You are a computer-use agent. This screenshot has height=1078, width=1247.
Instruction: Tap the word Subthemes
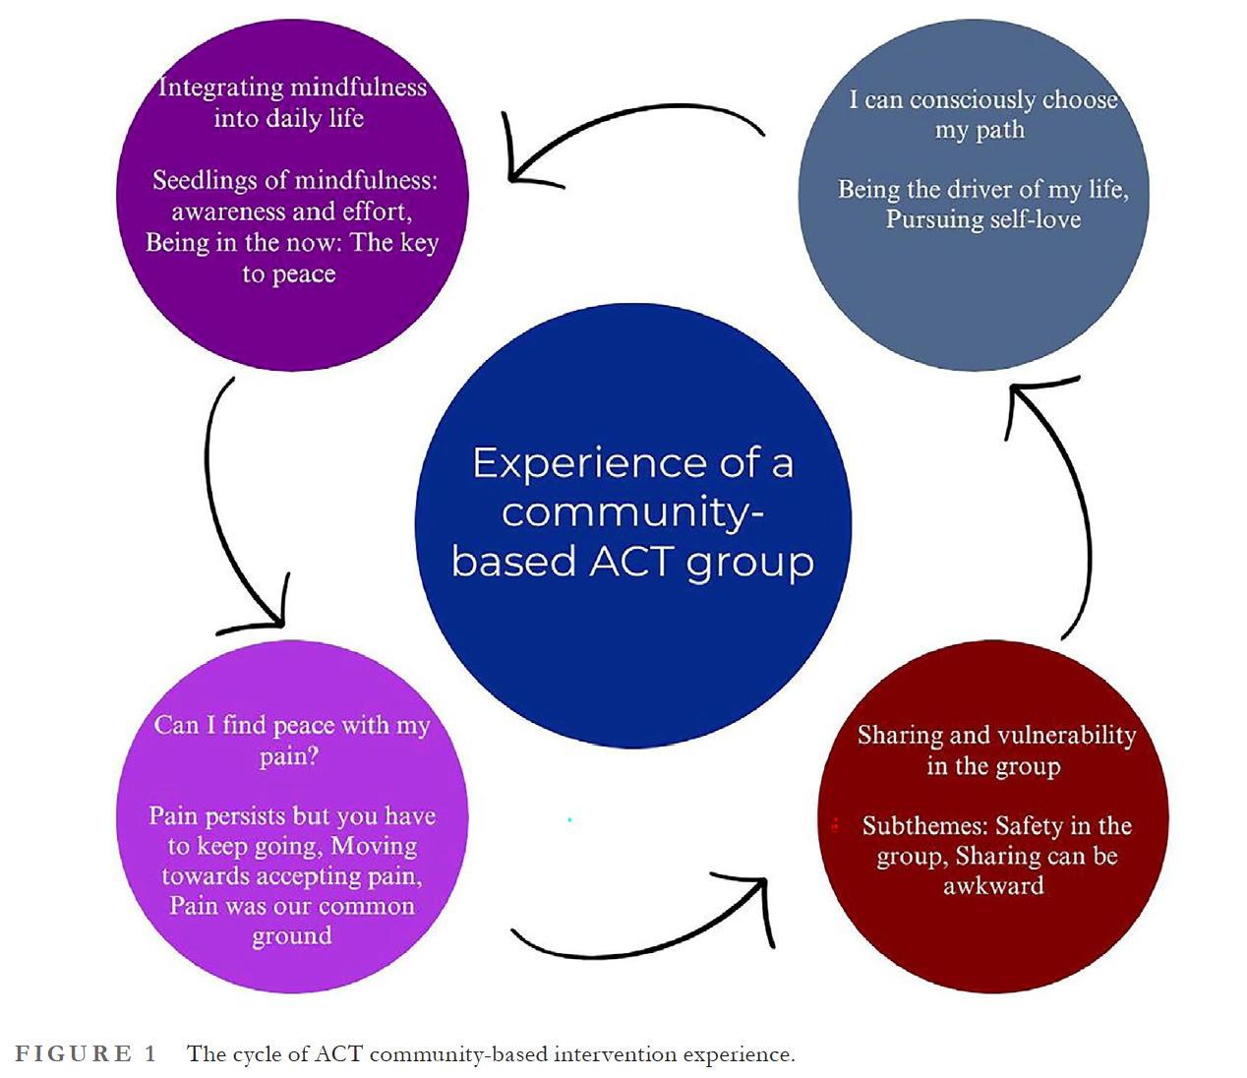click(x=924, y=826)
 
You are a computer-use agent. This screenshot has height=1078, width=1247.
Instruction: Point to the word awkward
click(x=993, y=886)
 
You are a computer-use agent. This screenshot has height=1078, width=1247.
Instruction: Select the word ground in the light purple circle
click(x=292, y=936)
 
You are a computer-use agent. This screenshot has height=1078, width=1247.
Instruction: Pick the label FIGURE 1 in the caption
click(x=86, y=1054)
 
